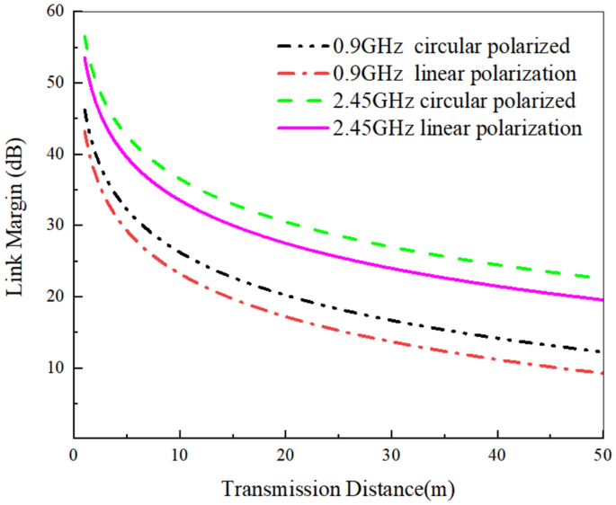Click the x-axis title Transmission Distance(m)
coord(338,491)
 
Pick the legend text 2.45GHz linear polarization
coord(456,128)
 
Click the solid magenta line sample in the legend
coord(301,128)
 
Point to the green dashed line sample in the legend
coord(301,99)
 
